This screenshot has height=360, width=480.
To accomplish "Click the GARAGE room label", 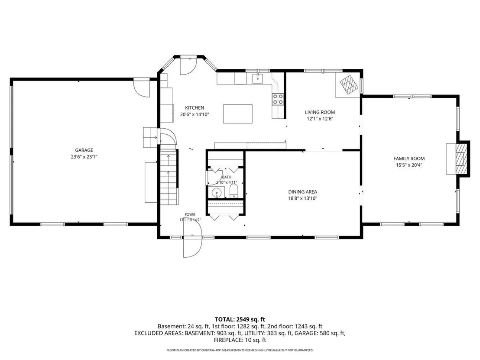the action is pyautogui.click(x=84, y=150).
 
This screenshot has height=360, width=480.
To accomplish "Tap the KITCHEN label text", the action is pyautogui.click(x=195, y=108).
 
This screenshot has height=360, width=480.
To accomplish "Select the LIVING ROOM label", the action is pyautogui.click(x=320, y=112).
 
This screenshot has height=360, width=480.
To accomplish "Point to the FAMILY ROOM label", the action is pyautogui.click(x=409, y=159).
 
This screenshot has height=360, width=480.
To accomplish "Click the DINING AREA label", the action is pyautogui.click(x=303, y=192).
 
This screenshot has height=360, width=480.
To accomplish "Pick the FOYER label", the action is pyautogui.click(x=190, y=214).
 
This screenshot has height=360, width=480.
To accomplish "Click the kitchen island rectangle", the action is pyautogui.click(x=238, y=114).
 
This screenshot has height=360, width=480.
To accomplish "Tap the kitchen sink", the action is pyautogui.click(x=258, y=78).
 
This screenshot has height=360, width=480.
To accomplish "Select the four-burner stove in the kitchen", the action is pyautogui.click(x=278, y=99).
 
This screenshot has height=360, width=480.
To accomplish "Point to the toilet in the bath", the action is pyautogui.click(x=234, y=191).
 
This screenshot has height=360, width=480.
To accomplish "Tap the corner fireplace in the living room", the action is pyautogui.click(x=349, y=84).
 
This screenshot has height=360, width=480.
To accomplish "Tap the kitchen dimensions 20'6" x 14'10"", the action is pyautogui.click(x=195, y=114).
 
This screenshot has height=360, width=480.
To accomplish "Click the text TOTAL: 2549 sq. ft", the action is pyautogui.click(x=240, y=320).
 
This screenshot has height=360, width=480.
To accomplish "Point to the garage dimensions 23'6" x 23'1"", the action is pyautogui.click(x=84, y=157).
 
